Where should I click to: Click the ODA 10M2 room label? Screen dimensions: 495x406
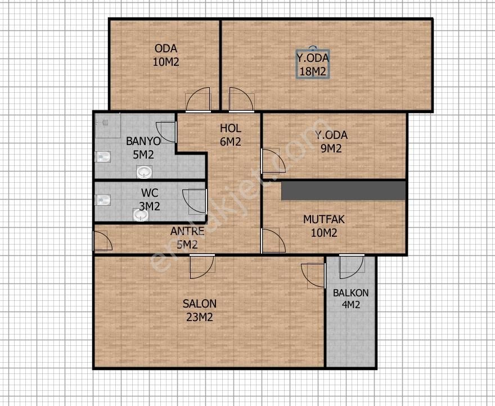(166, 55)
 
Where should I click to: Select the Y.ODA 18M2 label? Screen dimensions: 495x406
(313, 65)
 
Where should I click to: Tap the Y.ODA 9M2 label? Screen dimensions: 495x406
(331, 142)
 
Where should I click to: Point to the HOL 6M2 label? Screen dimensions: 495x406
(231, 135)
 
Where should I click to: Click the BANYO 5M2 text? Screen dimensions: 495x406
(143, 148)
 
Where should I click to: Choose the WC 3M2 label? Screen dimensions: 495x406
(150, 200)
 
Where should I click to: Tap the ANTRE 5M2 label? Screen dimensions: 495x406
(187, 238)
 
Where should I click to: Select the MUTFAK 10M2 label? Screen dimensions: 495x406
(324, 226)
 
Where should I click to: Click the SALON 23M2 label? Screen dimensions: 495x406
(200, 310)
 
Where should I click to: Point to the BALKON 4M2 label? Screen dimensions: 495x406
(351, 299)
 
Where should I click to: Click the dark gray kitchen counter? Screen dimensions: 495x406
(344, 191)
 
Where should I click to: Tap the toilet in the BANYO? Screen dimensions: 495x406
(102, 156)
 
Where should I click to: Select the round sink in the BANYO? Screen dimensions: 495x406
(144, 172)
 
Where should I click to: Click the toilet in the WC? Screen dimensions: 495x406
(102, 200)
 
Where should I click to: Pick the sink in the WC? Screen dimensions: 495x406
(141, 215)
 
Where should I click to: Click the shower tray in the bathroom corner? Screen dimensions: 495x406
(107, 125)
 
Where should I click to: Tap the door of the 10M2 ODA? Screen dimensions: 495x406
(198, 100)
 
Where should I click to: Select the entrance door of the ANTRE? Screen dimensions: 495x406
(102, 241)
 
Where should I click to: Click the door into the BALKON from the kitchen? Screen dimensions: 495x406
(352, 267)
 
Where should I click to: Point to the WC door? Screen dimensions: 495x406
(195, 202)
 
